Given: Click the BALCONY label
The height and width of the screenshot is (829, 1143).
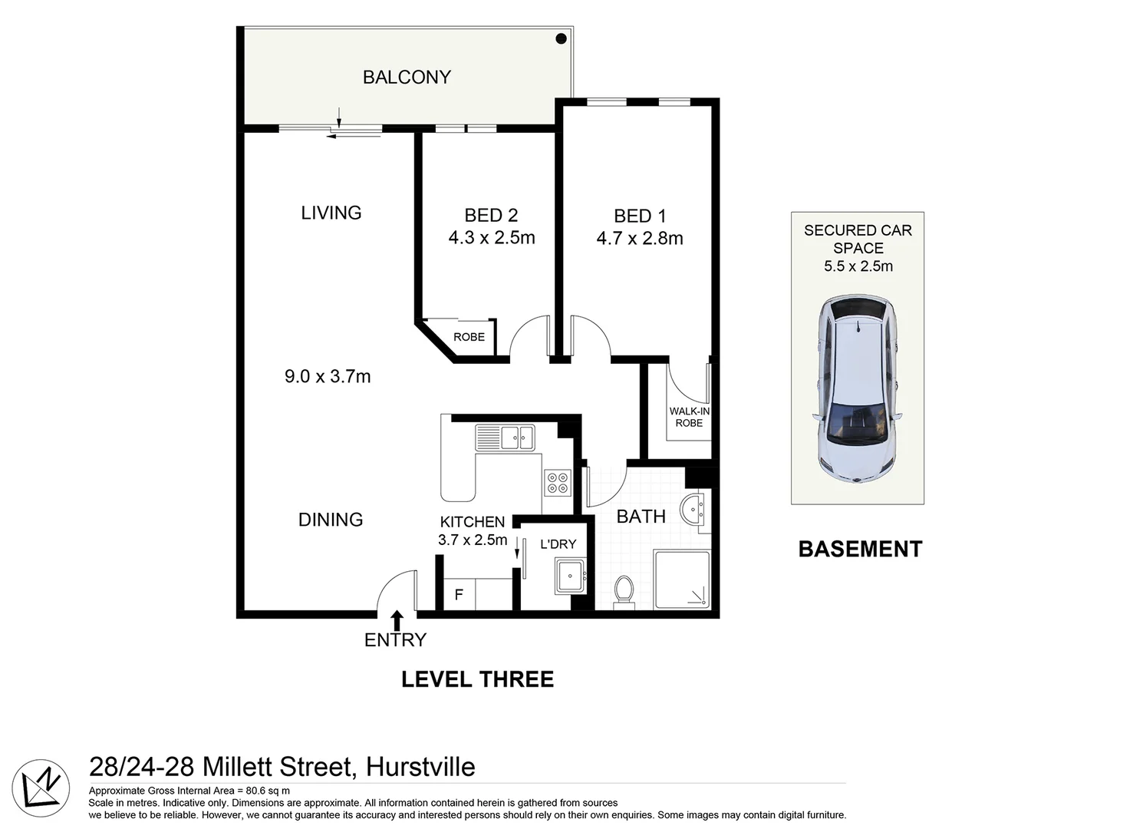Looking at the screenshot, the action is point(407,78).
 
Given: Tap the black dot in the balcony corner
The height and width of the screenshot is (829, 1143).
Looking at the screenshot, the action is point(561,39).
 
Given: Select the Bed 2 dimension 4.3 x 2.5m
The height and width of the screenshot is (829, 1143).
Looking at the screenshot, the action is point(492,238).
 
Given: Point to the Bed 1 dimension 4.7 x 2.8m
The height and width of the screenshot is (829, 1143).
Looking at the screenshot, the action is point(640,239).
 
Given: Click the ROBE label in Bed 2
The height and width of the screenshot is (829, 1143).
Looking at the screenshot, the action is point(469,337).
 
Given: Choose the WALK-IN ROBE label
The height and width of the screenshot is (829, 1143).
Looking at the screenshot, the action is point(690,417).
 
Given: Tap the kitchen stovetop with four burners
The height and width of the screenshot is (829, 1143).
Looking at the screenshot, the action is point(557,482).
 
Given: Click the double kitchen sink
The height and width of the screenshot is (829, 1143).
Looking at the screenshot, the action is point(505,438).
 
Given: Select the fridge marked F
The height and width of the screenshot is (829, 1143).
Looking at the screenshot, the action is point(460,594).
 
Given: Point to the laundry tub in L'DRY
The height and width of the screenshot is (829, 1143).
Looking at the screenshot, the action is point(570,576).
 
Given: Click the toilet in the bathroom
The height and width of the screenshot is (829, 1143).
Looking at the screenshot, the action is point(624,593).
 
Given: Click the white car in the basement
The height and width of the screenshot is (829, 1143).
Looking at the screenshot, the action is point(858,388).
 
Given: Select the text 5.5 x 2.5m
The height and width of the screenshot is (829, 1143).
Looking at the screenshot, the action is point(858,266).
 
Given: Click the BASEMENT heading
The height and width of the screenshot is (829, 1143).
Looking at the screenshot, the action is point(860,550).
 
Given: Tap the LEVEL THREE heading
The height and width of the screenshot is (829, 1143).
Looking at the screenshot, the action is point(478,679).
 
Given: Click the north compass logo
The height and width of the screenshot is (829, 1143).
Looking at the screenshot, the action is point(41,788).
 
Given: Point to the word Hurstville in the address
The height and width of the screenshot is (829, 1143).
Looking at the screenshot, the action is point(420,768).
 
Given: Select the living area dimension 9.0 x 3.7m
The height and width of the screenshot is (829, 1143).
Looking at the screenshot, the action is point(328,377).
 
